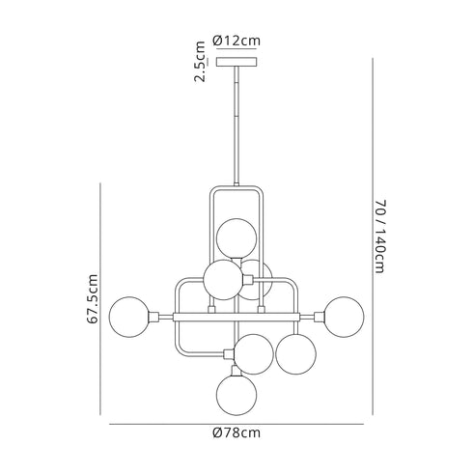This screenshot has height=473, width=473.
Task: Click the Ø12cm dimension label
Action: [236, 41]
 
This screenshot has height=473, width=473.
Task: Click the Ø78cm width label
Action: [236, 433]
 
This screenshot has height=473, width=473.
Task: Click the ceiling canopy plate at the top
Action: [236, 63]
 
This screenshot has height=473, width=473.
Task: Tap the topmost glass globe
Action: [236, 237]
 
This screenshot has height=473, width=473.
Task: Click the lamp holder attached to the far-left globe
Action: [153, 316]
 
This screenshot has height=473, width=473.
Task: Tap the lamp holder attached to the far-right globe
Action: [320, 316]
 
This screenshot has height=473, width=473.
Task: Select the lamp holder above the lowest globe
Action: [236, 369]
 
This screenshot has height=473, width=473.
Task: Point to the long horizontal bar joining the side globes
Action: [236, 316]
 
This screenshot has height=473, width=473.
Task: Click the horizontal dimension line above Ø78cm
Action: [236, 423]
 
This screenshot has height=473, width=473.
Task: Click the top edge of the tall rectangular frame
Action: [236, 187]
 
